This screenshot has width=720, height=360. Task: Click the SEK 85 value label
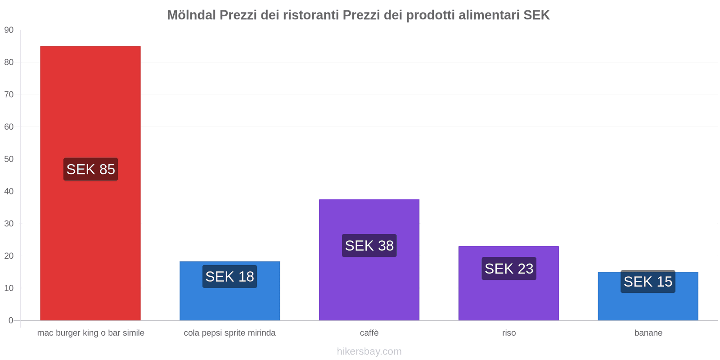coord(90,169)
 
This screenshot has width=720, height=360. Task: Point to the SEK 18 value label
coord(229,276)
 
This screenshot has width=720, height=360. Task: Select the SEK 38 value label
coord(369,246)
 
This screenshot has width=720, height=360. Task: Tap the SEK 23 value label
coord(508,269)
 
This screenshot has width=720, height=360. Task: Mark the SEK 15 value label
coord(648,282)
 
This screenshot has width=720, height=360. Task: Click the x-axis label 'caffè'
coord(369,333)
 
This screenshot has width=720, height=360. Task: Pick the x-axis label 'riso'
coord(509,333)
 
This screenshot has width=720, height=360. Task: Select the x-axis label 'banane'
coord(648,333)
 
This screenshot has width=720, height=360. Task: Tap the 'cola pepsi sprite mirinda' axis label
coord(229,333)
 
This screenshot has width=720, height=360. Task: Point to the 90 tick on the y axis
coord(9,30)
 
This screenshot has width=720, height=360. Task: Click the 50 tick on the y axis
coord(9,159)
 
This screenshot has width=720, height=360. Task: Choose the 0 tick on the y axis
coord(11,320)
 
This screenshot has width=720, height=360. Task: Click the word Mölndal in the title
coord(191,15)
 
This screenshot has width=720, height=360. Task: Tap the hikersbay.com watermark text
coord(369,351)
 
